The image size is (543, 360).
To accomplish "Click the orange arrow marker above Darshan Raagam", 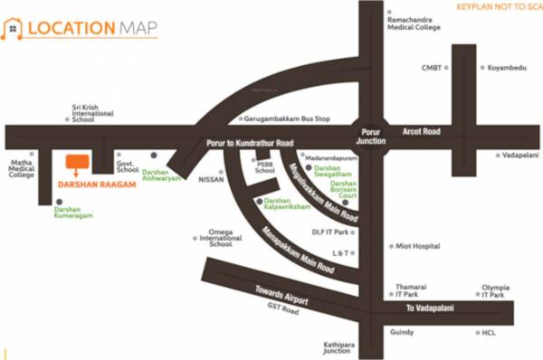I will coord(78,164).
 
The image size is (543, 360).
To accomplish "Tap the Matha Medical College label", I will coord(22,169).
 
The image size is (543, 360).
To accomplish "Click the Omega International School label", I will coord(221,238).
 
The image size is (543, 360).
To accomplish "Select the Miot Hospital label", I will coord(418,245).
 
